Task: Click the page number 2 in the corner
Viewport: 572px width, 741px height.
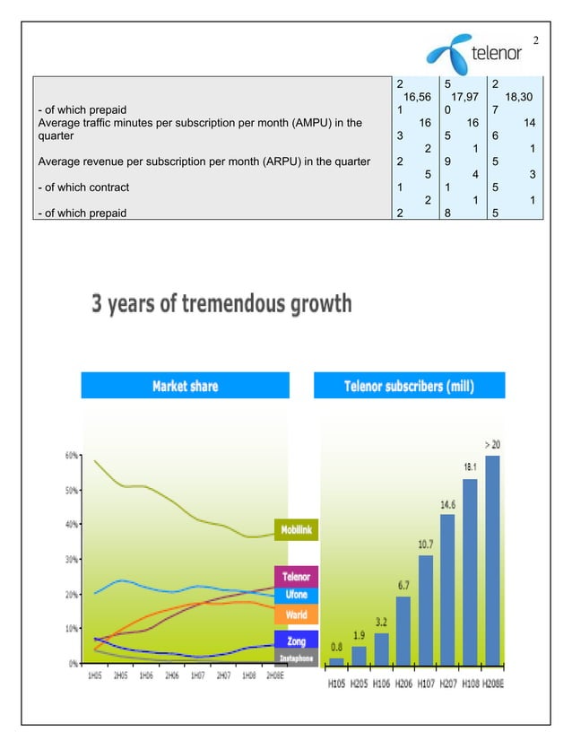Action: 536,40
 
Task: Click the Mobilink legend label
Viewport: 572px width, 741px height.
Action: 296,530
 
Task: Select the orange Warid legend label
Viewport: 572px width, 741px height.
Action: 296,615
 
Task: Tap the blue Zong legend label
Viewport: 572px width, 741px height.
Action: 296,641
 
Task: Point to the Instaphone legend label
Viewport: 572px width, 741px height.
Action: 296,657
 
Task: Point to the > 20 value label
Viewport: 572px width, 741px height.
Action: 492,443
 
